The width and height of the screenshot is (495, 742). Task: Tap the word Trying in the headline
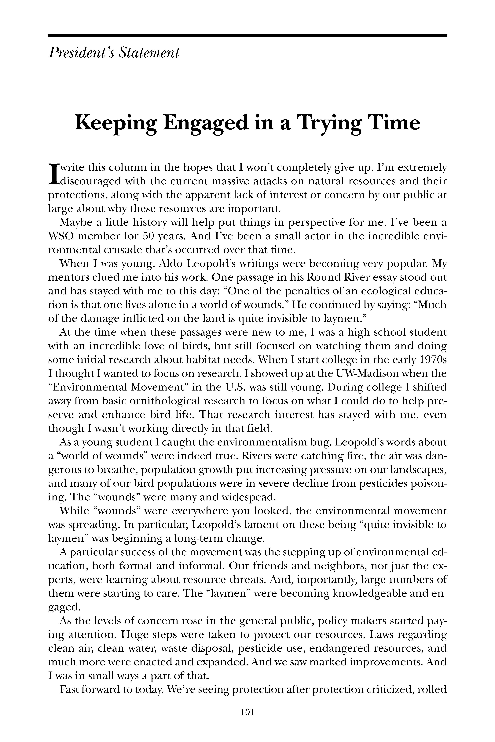[330, 124]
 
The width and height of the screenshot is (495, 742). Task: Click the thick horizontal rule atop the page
[247, 36]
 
